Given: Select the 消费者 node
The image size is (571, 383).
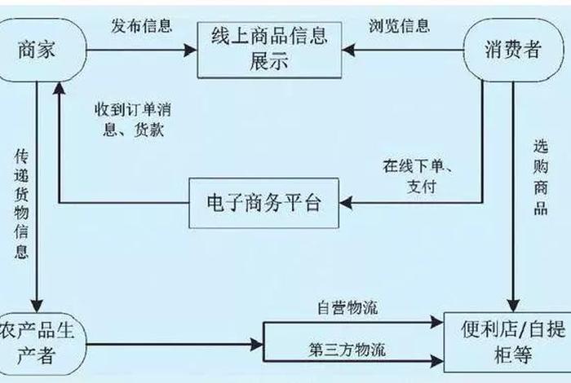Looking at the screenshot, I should pos(514,50).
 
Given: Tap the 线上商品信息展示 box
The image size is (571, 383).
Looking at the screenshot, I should pos(265,50).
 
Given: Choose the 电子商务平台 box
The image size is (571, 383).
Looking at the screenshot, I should pos(265,201).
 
